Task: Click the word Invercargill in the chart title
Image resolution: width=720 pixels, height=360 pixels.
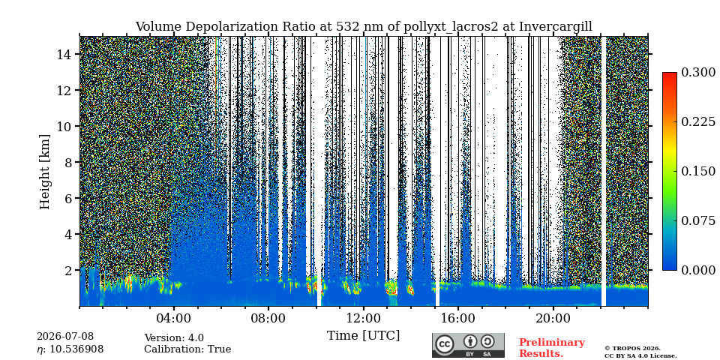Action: (556, 27)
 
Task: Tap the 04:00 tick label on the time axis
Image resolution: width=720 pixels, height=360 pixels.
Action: (173, 318)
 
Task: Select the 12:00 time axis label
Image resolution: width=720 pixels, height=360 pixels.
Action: (364, 318)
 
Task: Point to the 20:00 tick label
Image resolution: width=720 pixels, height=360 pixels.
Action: (553, 318)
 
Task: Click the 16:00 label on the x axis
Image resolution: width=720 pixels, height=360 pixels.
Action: (458, 318)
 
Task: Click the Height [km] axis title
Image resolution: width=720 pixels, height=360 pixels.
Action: (44, 172)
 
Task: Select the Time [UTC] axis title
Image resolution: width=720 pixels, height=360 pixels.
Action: (363, 336)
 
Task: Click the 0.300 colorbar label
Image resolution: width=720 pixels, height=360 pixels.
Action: (698, 72)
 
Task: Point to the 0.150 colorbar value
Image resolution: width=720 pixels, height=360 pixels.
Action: (698, 171)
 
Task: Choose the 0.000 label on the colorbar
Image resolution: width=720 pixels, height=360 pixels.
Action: (698, 270)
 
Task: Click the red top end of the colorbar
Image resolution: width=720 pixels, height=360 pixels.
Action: (670, 73)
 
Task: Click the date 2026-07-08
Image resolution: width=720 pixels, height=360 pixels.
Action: (65, 337)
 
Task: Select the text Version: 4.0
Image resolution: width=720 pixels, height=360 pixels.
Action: (174, 338)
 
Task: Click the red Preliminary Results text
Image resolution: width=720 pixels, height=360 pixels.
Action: (552, 348)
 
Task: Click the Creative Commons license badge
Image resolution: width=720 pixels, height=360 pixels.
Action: (468, 345)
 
